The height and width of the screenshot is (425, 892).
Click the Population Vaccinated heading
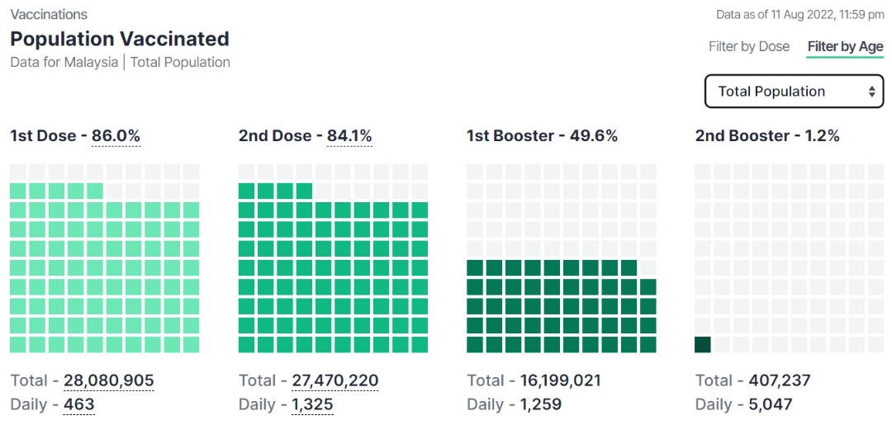tap(120, 39)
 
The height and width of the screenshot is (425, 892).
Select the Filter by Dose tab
tap(749, 46)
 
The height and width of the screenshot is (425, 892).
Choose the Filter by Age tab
tap(845, 46)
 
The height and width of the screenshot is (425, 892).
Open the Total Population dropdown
tap(794, 92)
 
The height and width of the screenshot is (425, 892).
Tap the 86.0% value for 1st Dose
tap(116, 136)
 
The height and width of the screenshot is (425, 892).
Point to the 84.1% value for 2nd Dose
tap(349, 136)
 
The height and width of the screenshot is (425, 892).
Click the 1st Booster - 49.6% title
tap(542, 136)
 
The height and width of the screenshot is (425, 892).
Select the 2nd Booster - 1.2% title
tap(767, 136)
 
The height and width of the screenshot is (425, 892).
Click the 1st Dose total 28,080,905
tap(108, 380)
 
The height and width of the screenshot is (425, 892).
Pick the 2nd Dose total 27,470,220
tap(334, 380)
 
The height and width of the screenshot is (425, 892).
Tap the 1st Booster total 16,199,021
tap(560, 380)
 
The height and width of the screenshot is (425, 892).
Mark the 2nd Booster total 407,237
tap(779, 380)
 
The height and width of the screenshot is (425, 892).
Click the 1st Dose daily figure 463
tap(78, 404)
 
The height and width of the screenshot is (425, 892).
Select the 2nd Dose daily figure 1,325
tap(312, 404)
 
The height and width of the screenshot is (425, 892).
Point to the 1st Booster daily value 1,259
tap(540, 404)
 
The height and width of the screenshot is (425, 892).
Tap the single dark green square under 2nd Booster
tap(703, 344)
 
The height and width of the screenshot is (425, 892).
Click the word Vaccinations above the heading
tap(49, 15)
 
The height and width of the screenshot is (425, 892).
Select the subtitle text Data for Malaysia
tap(64, 62)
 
